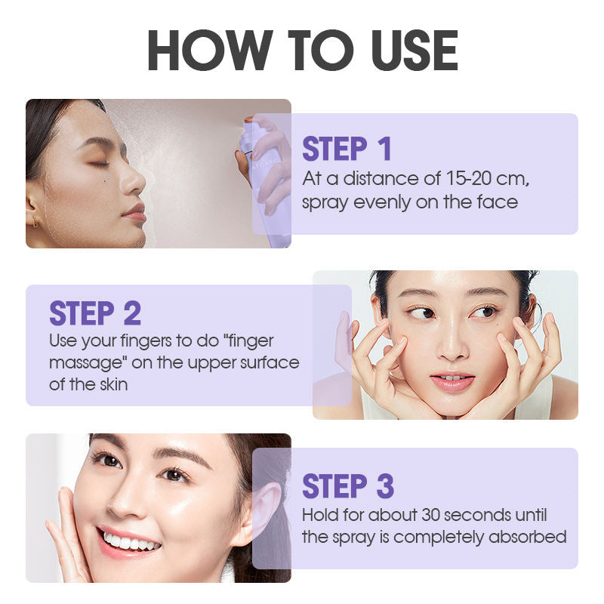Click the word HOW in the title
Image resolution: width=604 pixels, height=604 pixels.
[210, 50]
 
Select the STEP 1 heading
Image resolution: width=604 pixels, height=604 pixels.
[347, 148]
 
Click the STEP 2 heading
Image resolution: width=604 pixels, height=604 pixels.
[95, 313]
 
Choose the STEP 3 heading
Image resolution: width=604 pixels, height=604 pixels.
[348, 485]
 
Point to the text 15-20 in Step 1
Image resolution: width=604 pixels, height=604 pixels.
[468, 178]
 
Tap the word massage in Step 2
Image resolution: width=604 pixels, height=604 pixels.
[88, 364]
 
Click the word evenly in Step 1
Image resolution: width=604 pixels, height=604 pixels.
[382, 203]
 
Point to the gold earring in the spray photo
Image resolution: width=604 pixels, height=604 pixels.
[35, 221]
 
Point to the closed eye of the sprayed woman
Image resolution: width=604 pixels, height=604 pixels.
[99, 164]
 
